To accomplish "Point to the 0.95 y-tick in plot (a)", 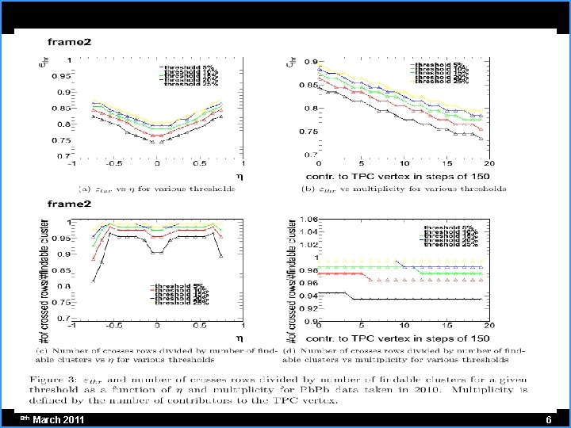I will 59,77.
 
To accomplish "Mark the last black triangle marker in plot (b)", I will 481,138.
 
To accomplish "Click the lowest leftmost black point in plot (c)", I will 94,280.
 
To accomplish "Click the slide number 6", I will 548,418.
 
